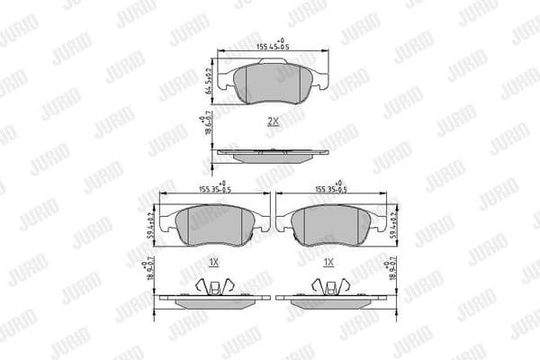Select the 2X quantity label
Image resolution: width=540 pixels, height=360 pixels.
(x=273, y=120)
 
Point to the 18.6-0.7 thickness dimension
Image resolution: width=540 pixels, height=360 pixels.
(x=208, y=125)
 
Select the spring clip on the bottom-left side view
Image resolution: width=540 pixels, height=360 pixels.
(x=211, y=287)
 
